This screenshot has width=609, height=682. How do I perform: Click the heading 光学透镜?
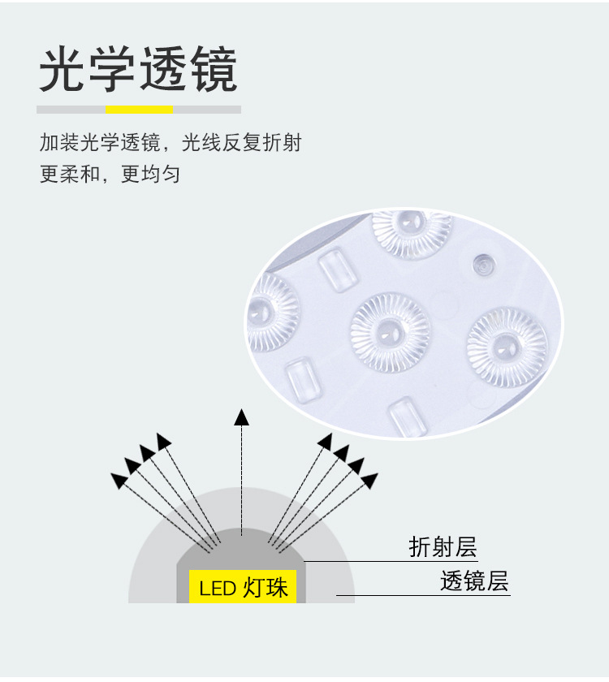click(138, 71)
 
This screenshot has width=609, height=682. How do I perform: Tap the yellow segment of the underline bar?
click(139, 110)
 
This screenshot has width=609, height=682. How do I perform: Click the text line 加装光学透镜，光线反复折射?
click(171, 144)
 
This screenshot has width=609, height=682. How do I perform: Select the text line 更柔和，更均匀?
click(110, 174)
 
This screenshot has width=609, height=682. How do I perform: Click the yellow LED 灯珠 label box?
click(243, 586)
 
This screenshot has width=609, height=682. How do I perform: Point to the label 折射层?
click(443, 547)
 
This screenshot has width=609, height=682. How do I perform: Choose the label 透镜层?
click(474, 581)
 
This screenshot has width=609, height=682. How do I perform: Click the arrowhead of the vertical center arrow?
click(241, 417)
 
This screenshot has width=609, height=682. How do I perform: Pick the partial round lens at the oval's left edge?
click(271, 312)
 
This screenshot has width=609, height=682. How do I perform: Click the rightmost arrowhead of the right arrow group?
click(369, 481)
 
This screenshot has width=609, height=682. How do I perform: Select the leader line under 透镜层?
click(422, 596)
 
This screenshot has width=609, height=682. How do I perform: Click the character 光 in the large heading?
click(64, 71)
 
